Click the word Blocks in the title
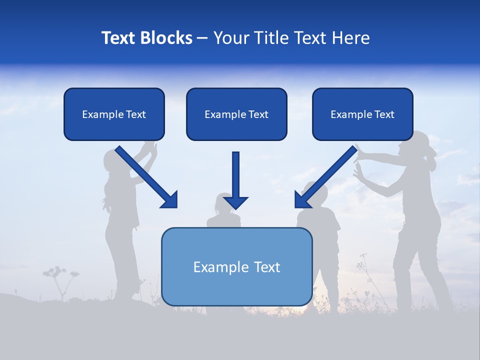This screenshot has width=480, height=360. coord(166,38)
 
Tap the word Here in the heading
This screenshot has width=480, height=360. coord(351,38)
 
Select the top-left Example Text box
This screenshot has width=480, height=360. coord(114,114)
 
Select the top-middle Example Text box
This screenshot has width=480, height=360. coord(236,114)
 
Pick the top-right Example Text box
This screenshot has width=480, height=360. coord(363,114)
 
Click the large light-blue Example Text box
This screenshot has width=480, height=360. coord(237,266)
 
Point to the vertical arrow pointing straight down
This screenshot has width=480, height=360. coord(235,180)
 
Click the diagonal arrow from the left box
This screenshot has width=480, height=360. coord(146,177)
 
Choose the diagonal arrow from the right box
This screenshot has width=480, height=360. coord(325,177)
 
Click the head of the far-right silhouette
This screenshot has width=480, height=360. coord(416,144)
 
